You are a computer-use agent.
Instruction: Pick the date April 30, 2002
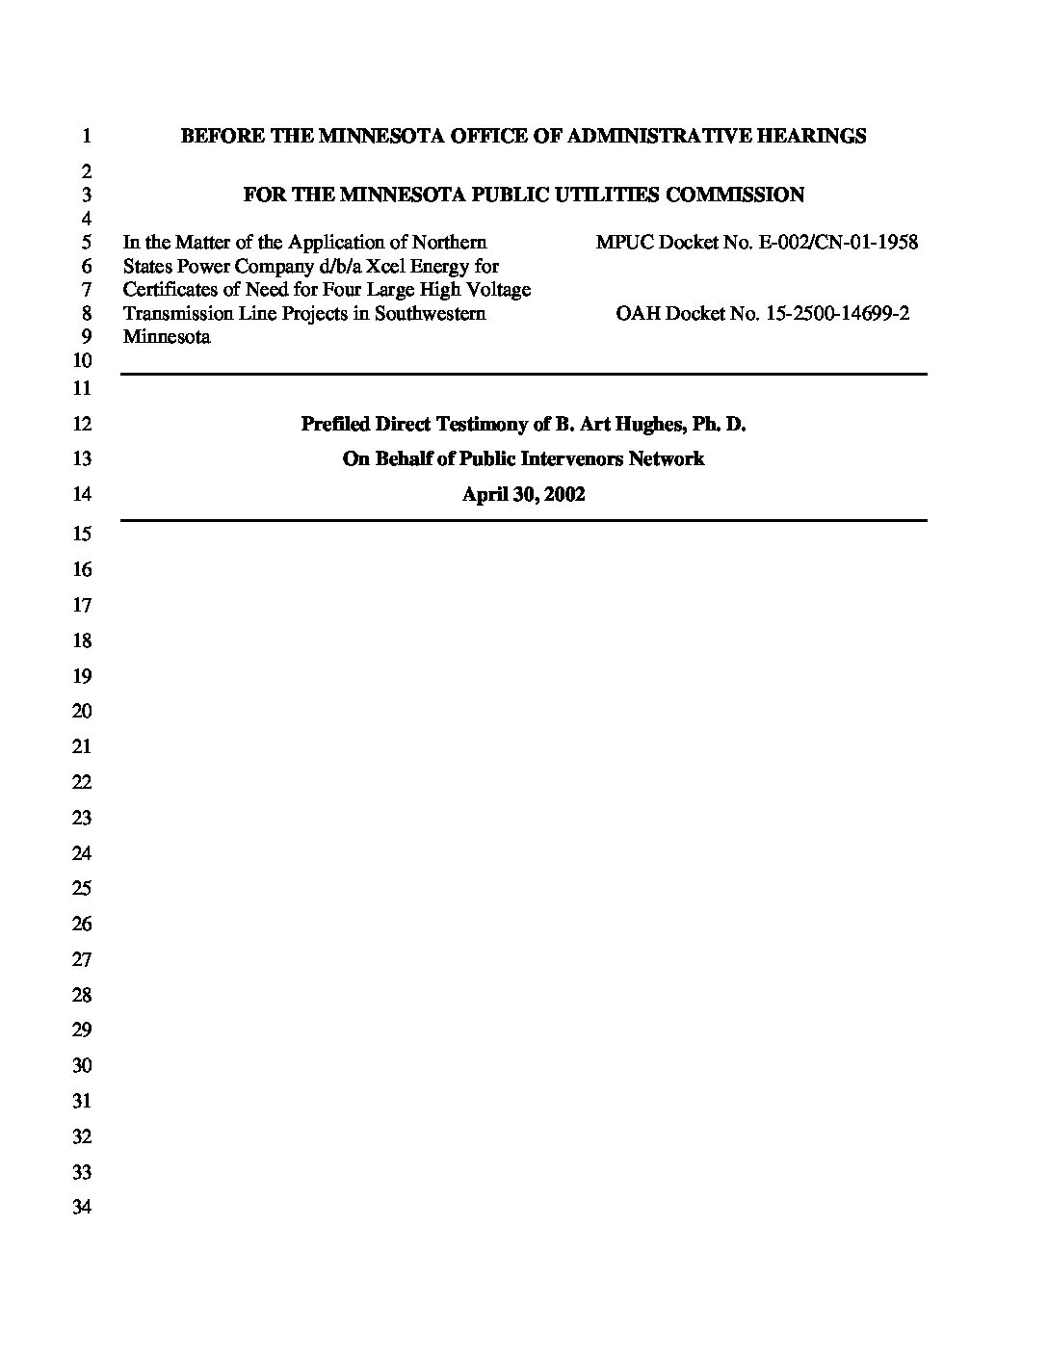coord(523,494)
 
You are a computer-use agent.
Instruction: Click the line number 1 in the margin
coord(86,136)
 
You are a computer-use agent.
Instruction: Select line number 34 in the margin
coord(82,1207)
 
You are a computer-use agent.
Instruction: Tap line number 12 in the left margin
coord(82,424)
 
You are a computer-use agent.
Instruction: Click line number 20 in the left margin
coord(82,711)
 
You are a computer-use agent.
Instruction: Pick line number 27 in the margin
coord(82,959)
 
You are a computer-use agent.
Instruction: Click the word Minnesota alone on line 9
coord(167,337)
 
